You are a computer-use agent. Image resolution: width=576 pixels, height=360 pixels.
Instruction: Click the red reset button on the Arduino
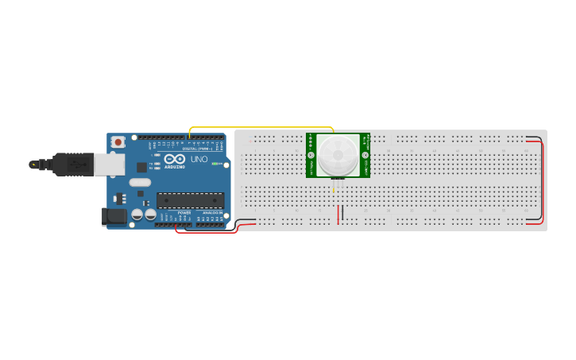(x=118, y=141)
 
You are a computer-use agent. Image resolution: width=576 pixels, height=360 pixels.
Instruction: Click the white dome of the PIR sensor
(x=338, y=154)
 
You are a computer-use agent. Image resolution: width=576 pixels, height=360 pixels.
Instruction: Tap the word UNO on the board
(x=199, y=159)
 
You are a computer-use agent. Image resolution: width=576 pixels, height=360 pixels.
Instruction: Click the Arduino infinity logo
(x=175, y=158)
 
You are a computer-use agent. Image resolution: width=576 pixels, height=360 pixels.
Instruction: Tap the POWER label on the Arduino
(x=184, y=213)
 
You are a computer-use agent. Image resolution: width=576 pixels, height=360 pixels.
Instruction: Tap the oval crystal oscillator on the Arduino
(x=140, y=183)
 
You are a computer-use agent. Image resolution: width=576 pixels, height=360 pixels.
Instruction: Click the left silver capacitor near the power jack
(x=137, y=215)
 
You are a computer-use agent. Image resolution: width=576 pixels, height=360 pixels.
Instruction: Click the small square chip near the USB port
(x=141, y=167)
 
